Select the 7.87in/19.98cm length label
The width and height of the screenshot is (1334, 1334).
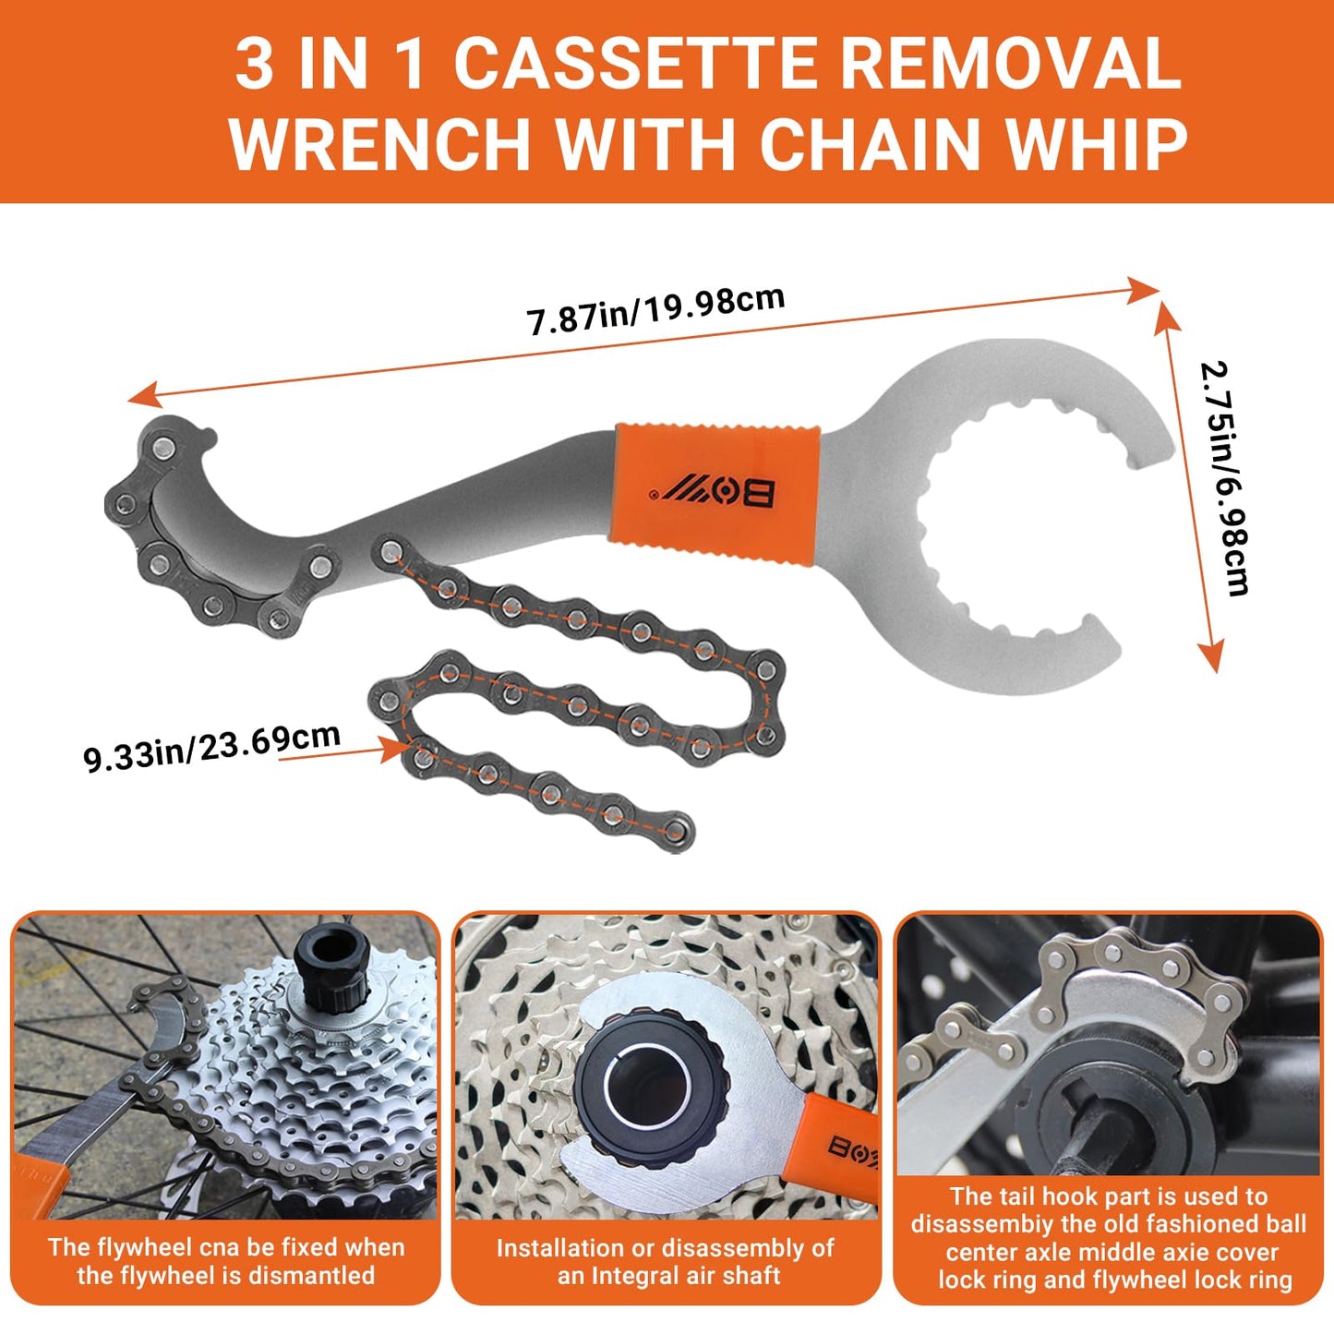(655, 311)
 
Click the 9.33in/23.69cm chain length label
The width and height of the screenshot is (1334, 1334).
(211, 747)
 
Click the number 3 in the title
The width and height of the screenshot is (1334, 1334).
(254, 66)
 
